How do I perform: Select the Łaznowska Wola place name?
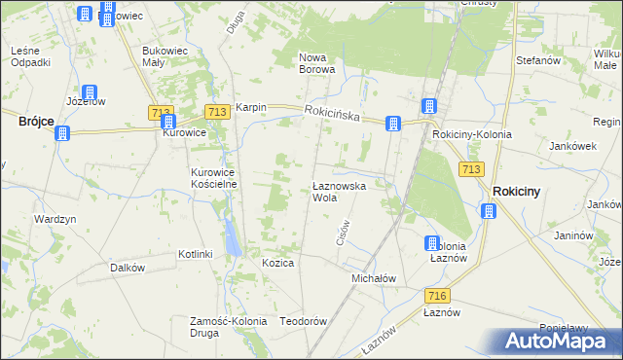339,191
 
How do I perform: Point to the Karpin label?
250,108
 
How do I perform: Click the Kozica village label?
277,264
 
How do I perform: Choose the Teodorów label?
302,321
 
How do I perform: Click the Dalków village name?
128,268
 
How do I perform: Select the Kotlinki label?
195,254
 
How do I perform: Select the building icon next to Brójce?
63,133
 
